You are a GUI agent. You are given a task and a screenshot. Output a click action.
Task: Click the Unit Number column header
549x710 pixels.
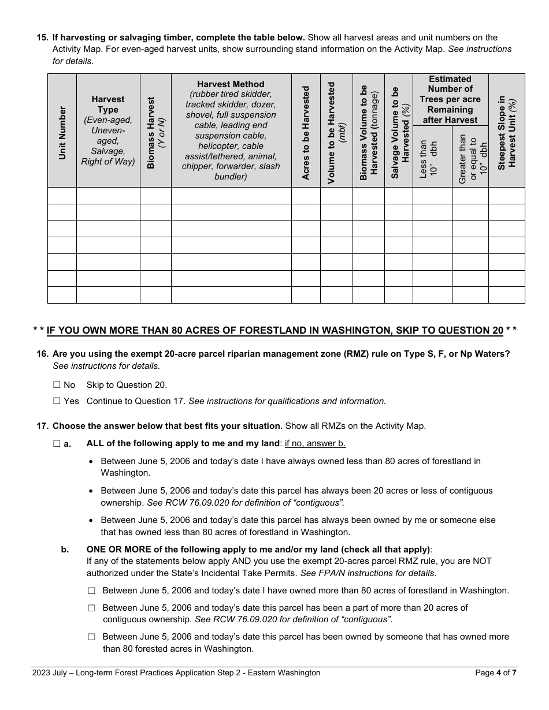(x=62, y=132)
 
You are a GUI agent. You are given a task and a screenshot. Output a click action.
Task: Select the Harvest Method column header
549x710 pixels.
(x=231, y=130)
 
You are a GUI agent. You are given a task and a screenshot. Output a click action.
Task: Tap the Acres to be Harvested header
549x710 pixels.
(x=306, y=132)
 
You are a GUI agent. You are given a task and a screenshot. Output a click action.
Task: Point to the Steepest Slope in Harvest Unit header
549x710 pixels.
(x=507, y=132)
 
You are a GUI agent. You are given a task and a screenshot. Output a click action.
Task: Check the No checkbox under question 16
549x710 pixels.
(x=57, y=385)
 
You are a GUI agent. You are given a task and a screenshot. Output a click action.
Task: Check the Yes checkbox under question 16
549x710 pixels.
(x=57, y=401)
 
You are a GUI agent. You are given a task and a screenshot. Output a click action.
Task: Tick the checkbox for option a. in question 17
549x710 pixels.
(x=57, y=444)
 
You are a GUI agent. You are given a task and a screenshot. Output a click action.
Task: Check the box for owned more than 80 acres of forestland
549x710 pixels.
(x=92, y=591)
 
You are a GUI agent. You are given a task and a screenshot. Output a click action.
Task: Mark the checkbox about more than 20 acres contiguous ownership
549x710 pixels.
(x=92, y=608)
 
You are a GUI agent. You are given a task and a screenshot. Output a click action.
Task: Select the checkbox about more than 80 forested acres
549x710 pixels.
(x=92, y=637)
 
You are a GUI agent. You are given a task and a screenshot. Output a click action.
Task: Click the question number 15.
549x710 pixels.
(x=42, y=38)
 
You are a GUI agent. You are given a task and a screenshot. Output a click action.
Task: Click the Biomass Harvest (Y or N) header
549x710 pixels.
(x=155, y=132)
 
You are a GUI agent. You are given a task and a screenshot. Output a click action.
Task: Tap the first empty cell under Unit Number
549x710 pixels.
(x=62, y=196)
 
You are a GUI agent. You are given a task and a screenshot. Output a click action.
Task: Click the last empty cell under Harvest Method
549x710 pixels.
(x=231, y=295)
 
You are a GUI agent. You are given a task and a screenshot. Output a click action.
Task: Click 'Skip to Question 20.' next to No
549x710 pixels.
(x=127, y=385)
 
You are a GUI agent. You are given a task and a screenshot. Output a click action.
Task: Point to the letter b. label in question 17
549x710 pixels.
(x=65, y=550)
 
